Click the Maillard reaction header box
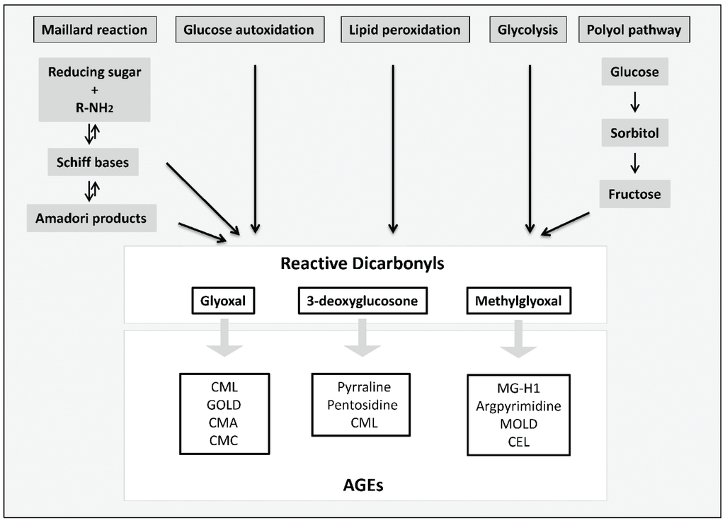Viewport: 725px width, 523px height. click(94, 30)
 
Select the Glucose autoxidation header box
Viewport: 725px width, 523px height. click(249, 30)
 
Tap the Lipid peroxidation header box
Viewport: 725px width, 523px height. click(404, 30)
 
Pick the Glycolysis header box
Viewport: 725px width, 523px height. click(528, 30)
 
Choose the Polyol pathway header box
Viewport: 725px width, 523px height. click(634, 30)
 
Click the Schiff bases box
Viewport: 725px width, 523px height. click(93, 162)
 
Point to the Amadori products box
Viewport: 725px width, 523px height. click(91, 218)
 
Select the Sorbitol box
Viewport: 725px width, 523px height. click(635, 133)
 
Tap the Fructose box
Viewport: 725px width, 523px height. click(634, 193)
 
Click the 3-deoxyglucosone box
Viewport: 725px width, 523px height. click(362, 301)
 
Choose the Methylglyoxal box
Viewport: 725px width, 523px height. click(518, 301)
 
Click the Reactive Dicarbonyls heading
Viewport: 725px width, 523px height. click(362, 264)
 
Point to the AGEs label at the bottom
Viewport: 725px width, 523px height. click(362, 485)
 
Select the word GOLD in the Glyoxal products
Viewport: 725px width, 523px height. click(224, 406)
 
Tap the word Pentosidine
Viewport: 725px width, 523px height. click(362, 406)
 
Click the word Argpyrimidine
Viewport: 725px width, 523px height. click(518, 407)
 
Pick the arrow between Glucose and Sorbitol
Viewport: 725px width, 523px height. click(635, 103)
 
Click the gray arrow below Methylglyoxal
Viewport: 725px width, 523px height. click(518, 339)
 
